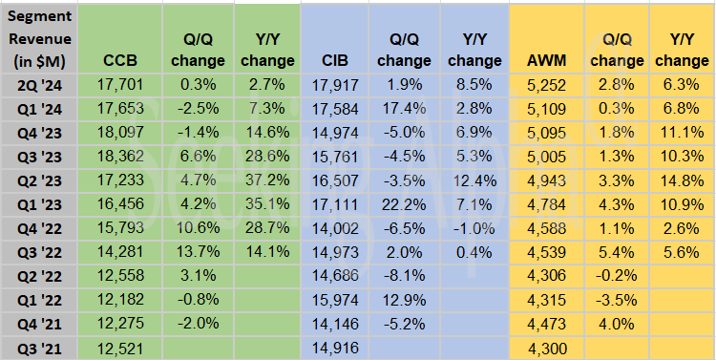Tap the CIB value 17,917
click(334, 84)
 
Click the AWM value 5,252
click(544, 84)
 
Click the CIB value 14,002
click(334, 228)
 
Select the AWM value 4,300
click(544, 348)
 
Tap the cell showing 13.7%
click(196, 252)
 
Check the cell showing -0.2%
click(616, 276)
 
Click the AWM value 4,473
click(544, 324)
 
